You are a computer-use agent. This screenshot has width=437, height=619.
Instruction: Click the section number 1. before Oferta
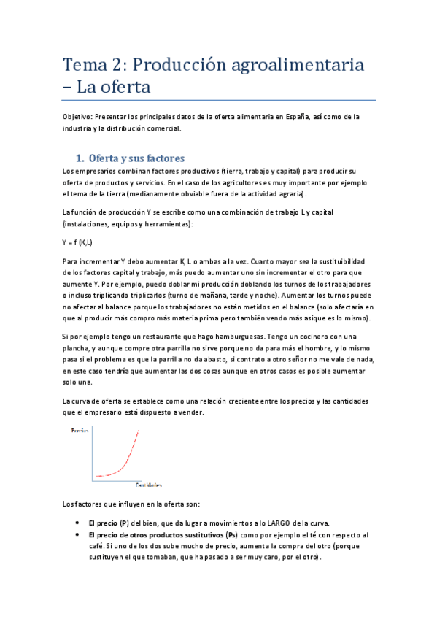81,158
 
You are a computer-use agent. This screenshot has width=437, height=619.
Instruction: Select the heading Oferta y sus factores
136,158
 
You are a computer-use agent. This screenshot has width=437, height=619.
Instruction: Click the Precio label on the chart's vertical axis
79,431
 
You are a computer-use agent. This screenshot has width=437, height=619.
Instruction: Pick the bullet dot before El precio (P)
78,523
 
